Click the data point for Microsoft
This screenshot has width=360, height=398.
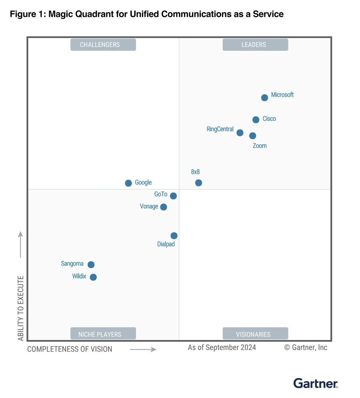tap(264, 98)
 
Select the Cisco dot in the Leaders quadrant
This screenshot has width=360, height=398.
tap(256, 119)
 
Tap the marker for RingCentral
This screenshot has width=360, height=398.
tap(240, 133)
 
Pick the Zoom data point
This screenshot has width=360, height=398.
tap(252, 136)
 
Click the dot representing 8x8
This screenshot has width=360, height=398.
tap(198, 183)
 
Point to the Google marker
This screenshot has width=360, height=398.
tap(128, 183)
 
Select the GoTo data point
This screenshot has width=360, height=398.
tap(173, 196)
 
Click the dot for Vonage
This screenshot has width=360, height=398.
tap(164, 207)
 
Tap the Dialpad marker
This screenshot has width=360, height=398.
tap(174, 236)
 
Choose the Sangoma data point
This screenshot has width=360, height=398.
tap(91, 265)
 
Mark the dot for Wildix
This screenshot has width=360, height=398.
tap(93, 277)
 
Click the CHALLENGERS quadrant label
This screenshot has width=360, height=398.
tap(103, 45)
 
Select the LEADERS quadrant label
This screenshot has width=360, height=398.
tap(255, 45)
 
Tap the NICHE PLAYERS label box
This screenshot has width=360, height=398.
tap(103, 334)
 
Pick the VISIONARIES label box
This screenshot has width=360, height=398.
tap(255, 334)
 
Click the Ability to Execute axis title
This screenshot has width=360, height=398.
tap(21, 308)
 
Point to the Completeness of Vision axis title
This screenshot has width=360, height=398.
tap(70, 349)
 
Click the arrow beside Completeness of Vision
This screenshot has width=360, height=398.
tap(143, 349)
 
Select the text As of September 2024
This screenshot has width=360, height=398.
tap(222, 347)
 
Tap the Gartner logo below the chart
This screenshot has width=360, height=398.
tap(316, 384)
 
